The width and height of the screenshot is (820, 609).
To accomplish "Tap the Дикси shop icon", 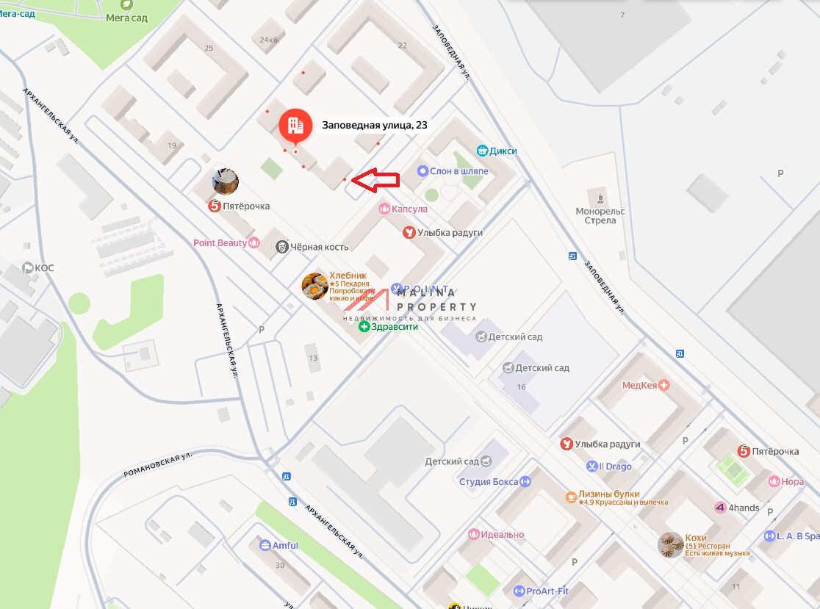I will click(483, 151).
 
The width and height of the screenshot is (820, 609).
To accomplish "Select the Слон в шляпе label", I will click(458, 171).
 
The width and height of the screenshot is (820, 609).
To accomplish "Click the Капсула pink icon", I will click(384, 209).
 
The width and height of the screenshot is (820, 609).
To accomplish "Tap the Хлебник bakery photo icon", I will click(314, 287).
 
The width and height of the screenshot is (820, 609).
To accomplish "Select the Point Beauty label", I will click(220, 243).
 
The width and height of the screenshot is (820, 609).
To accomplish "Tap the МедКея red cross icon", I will click(664, 385).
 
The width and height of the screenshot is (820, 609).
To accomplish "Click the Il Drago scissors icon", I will click(592, 466).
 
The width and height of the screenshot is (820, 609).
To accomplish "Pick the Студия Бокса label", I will click(488, 482).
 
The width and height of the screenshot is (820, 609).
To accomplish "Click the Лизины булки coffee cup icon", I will click(570, 497).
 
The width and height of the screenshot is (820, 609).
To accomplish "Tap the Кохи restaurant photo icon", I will click(671, 545).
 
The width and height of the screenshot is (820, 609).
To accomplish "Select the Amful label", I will click(285, 545).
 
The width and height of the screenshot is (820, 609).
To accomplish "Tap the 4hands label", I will click(745, 508).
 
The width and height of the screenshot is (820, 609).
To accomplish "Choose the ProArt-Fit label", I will click(548, 591).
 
